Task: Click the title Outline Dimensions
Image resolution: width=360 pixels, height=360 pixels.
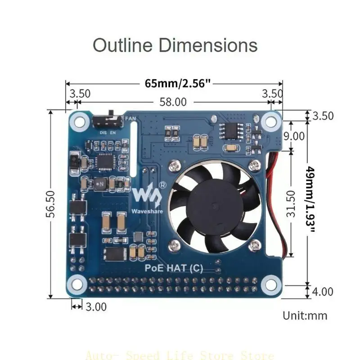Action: click(x=175, y=46)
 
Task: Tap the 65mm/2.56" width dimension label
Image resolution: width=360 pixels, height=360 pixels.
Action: click(x=178, y=83)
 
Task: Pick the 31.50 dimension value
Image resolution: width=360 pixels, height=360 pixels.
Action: click(x=292, y=203)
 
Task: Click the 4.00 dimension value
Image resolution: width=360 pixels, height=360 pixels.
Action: click(x=322, y=291)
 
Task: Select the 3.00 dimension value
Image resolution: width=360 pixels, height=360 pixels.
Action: click(x=95, y=307)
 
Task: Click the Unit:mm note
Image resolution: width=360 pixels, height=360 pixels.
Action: click(x=305, y=315)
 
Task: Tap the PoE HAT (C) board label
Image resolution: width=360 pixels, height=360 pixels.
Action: click(x=174, y=269)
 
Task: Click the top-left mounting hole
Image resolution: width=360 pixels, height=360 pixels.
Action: click(x=80, y=121)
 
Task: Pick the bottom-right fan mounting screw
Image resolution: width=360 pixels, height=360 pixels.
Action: click(x=256, y=245)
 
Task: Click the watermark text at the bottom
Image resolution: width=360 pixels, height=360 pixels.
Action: click(x=180, y=354)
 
